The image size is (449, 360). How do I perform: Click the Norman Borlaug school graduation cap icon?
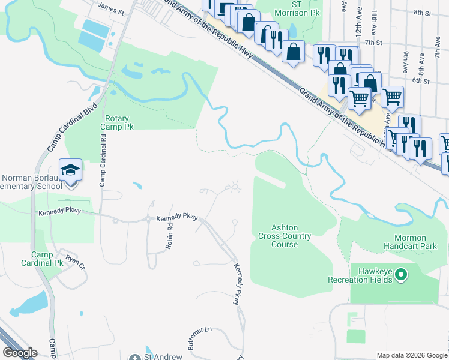click(70, 170)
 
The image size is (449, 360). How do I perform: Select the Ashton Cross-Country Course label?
click(285, 236)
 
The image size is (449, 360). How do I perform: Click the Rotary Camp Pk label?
click(119, 123)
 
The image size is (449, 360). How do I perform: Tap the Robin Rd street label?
click(169, 237)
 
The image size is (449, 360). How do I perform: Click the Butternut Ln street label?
click(200, 337)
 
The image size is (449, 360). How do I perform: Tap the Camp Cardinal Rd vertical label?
click(103, 160)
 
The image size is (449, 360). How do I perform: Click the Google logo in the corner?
click(20, 353)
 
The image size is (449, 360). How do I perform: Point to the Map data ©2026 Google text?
click(411, 355)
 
